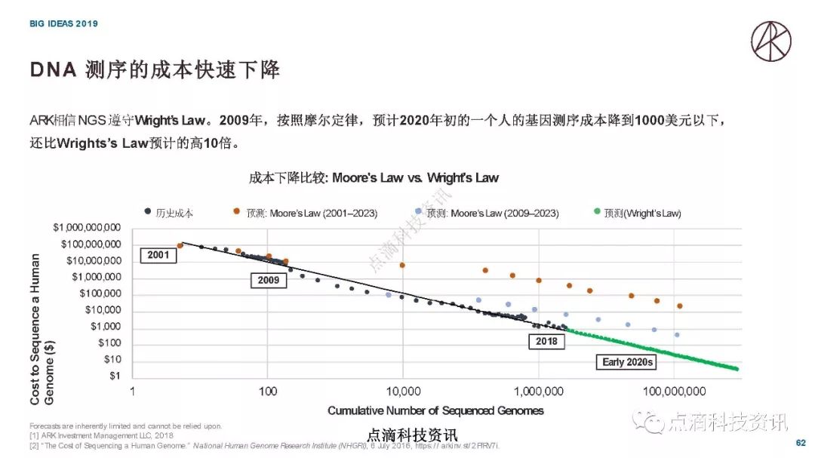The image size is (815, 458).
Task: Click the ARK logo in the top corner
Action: pos(770,41)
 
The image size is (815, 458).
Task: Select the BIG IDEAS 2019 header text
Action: pos(63,23)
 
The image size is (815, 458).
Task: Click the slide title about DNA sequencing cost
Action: pos(155,70)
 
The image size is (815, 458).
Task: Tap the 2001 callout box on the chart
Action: pos(158,255)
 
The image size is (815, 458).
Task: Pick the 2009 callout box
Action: pos(268,281)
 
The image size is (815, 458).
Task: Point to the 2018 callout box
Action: pos(546,342)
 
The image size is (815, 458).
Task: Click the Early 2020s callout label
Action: pos(628,362)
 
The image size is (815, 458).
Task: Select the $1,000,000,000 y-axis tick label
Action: pos(86,228)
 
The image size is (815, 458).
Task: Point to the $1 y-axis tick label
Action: pos(115,376)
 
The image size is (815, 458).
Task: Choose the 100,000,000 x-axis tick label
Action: pos(675,392)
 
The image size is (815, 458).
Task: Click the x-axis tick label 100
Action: pos(268,392)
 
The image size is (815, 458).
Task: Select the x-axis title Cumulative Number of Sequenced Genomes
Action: pos(435,410)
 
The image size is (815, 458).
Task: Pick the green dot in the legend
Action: pos(597,213)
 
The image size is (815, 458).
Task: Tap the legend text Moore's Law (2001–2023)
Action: pos(312,214)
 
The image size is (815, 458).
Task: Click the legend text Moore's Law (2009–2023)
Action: pos(493,214)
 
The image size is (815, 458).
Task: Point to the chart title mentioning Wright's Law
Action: pos(374,178)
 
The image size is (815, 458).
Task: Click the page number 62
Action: pos(801,443)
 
